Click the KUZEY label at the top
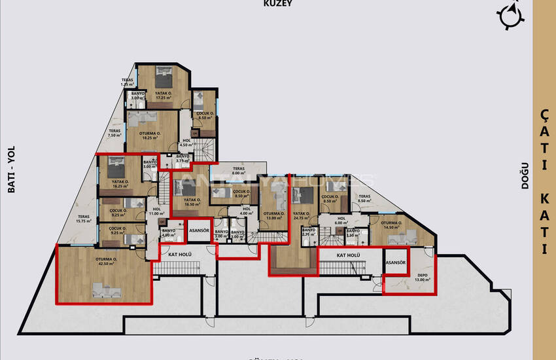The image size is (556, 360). point(277,3)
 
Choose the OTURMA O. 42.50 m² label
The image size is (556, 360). point(106,261)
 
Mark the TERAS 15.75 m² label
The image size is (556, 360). point(84,219)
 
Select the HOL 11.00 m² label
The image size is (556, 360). point(156,211)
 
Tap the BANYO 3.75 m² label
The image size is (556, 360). point(182,158)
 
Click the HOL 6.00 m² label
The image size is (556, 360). point(341,221)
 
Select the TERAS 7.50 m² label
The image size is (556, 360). point(114,133)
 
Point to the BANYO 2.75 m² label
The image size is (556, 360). point(309,232)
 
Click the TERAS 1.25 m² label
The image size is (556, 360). point(127,82)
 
